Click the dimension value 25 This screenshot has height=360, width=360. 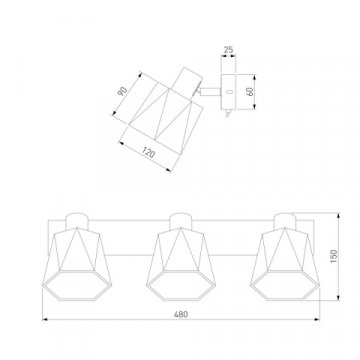(228, 50)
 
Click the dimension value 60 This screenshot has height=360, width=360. (250, 92)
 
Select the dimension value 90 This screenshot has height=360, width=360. (123, 91)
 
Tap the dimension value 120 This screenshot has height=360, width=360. (149, 153)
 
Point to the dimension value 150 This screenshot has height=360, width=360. (334, 256)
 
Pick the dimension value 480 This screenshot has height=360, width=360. (181, 314)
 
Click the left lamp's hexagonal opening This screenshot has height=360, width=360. (77, 286)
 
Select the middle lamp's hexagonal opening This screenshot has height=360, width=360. (181, 286)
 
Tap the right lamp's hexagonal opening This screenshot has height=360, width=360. (285, 286)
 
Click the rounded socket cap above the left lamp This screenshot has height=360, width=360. (77, 220)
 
